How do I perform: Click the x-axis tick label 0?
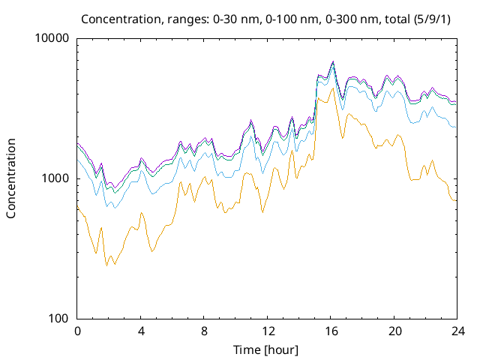click(77, 331)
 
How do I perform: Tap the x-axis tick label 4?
click(141, 331)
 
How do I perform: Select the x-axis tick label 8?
click(204, 331)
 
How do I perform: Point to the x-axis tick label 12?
click(267, 331)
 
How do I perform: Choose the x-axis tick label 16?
click(331, 331)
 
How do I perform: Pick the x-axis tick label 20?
click(394, 331)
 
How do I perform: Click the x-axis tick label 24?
click(457, 331)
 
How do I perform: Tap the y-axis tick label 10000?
click(52, 38)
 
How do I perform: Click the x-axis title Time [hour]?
click(267, 349)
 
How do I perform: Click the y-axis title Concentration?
click(11, 178)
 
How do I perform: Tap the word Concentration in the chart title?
click(115, 18)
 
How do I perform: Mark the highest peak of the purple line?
click(333, 61)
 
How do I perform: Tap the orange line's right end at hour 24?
click(456, 200)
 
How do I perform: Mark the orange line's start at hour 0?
click(78, 207)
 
